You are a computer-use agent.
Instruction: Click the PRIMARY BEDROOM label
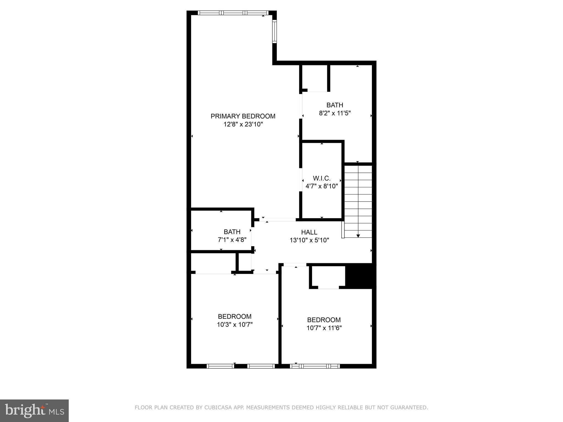[x=243, y=116]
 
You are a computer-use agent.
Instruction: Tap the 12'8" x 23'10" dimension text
[x=243, y=124]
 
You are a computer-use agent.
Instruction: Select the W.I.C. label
[x=322, y=178]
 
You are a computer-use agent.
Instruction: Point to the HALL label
[x=309, y=232]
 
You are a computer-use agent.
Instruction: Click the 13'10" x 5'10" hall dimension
[x=309, y=240]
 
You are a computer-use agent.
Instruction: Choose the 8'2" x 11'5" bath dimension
[x=335, y=113]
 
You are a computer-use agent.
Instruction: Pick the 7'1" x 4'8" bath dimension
[x=232, y=240]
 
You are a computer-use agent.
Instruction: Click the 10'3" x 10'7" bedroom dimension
[x=234, y=325]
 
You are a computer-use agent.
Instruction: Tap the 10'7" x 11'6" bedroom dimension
[x=324, y=328]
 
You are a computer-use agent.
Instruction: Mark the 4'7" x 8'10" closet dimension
[x=322, y=186]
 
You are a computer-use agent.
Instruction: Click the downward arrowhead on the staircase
[x=358, y=236]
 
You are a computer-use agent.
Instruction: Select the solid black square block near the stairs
[x=360, y=276]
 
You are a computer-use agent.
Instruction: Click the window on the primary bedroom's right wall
[x=274, y=31]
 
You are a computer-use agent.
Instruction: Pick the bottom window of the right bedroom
[x=315, y=366]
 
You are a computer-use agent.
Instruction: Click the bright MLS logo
[x=34, y=410]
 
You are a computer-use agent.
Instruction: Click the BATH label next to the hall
[x=232, y=232]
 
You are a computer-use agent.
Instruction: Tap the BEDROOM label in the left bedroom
[x=234, y=316]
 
